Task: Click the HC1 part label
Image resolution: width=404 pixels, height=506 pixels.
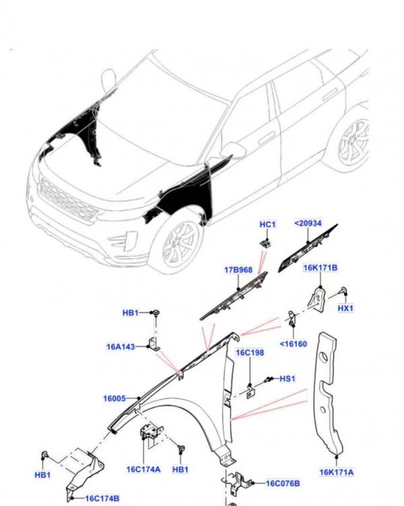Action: coord(268,225)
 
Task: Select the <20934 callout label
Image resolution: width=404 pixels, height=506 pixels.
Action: coord(308,224)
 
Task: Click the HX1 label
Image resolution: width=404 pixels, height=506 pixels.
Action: coord(345,309)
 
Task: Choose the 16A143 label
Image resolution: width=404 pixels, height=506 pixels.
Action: coord(121,347)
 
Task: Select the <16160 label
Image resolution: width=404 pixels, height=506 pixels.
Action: coord(293,344)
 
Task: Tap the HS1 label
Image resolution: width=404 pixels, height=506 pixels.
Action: coord(288,379)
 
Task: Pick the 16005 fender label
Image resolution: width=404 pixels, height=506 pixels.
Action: coord(114,399)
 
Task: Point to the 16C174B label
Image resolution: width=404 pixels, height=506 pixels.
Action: coord(102,499)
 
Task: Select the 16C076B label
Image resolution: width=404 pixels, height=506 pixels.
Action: coord(283,483)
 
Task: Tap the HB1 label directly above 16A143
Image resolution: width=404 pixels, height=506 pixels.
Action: coord(130,313)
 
